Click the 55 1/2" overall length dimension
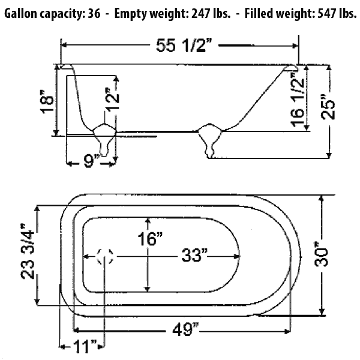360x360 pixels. pos(181,46)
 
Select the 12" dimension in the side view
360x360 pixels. pos(112,100)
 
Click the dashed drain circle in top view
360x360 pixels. pos(106,257)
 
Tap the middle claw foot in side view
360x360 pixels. pos(209,140)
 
